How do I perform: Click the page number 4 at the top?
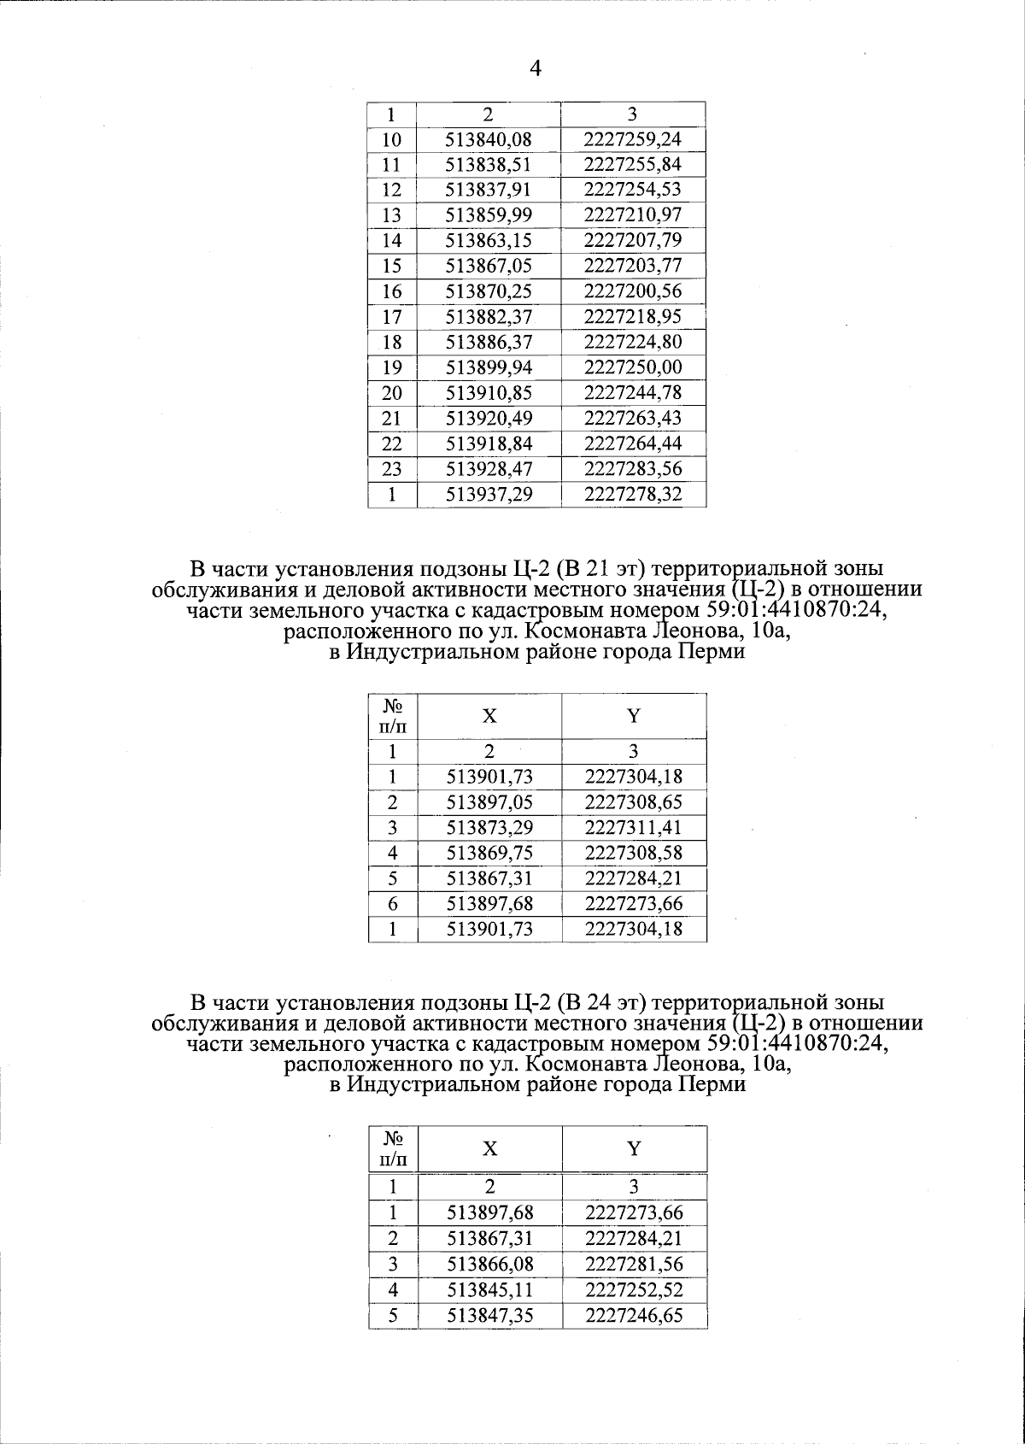click(536, 69)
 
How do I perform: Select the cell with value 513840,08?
click(489, 139)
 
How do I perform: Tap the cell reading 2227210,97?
click(633, 215)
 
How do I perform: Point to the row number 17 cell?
click(392, 317)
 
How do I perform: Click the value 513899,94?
click(489, 367)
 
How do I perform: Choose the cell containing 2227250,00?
click(633, 367)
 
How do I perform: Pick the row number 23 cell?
click(392, 469)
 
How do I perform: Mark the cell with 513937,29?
click(489, 495)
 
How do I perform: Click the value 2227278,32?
click(633, 495)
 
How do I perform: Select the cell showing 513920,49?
click(489, 419)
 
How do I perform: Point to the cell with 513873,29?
click(489, 828)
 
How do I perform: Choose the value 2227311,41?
click(634, 828)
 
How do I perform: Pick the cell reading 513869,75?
click(489, 853)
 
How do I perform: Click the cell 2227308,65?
click(634, 802)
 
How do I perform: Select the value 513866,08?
click(489, 1265)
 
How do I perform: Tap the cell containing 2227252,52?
click(634, 1290)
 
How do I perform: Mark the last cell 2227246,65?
click(634, 1316)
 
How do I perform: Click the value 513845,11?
click(489, 1290)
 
